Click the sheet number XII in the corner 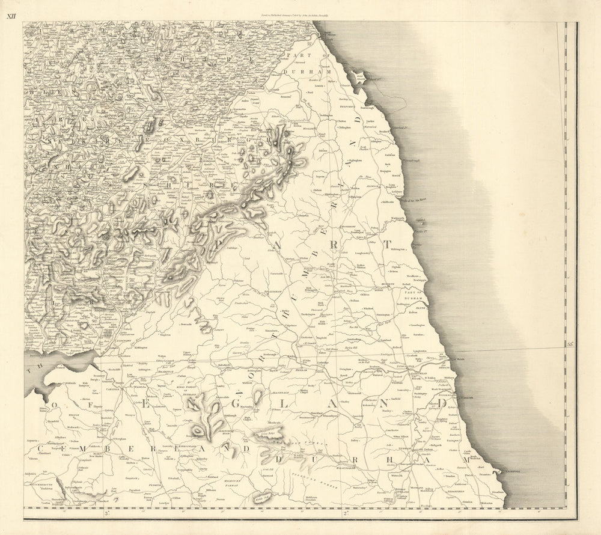11,16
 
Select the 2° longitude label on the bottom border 345,513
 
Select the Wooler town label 308,128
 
